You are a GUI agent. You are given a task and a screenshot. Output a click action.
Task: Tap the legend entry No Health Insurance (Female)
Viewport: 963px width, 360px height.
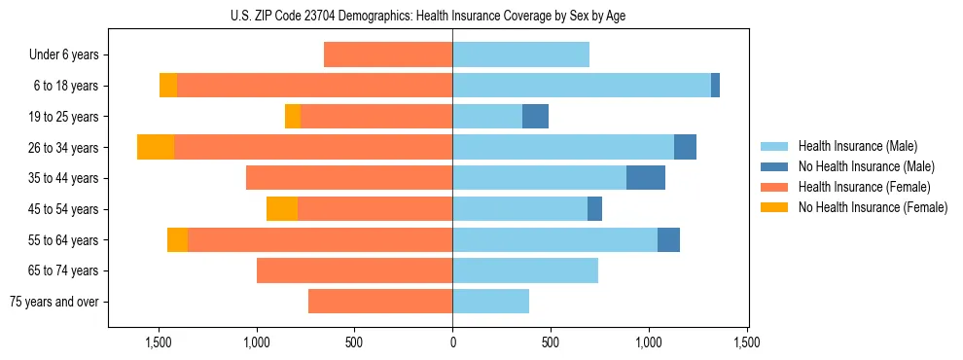873,207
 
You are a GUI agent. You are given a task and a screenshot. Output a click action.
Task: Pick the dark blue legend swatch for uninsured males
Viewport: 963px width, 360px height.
774,166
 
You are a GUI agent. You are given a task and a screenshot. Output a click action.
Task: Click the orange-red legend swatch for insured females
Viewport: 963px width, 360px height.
774,187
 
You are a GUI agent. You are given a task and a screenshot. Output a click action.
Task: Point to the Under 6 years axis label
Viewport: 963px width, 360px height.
63,55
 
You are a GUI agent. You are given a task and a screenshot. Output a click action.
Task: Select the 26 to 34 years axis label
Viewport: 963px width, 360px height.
63,148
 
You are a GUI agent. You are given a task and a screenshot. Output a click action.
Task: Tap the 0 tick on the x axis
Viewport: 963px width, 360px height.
452,342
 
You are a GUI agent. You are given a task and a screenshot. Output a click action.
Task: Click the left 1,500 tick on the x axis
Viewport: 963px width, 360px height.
159,342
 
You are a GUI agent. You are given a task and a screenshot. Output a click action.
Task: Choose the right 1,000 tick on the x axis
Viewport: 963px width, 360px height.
649,342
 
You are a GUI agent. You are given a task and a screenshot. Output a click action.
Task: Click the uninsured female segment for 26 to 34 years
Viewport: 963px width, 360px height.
156,147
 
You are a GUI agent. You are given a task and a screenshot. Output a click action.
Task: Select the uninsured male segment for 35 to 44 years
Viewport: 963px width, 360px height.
646,178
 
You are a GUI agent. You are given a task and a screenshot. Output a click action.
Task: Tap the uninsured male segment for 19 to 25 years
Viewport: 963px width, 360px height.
535,117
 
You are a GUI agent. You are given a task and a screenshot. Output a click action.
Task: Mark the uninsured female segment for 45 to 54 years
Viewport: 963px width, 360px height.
282,209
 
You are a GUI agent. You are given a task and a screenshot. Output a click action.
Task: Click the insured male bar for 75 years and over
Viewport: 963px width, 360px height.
490,302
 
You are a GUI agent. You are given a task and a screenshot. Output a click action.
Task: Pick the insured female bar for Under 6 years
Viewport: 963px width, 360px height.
388,55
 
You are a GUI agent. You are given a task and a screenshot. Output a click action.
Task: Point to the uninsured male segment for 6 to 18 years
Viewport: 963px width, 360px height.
715,86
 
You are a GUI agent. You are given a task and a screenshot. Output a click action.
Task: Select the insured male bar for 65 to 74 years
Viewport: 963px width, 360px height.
525,270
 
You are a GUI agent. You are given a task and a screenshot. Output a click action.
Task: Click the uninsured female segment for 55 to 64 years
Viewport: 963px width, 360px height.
177,240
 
